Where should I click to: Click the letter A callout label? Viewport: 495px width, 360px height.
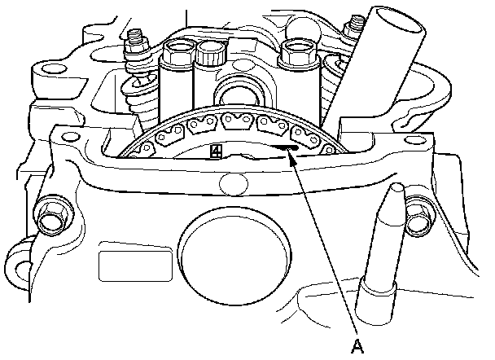pyautogui.click(x=356, y=347)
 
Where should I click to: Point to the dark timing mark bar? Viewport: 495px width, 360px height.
pyautogui.click(x=282, y=147)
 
